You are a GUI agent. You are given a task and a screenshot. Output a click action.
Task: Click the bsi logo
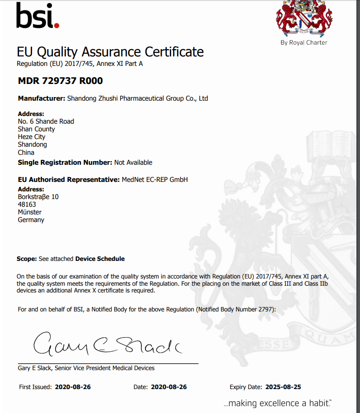tap(37, 16)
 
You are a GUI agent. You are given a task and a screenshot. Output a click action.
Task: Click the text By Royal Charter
tap(304, 42)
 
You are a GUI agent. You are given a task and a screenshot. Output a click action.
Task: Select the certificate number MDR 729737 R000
tap(60, 81)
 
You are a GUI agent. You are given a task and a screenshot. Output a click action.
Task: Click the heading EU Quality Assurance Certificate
tap(110, 52)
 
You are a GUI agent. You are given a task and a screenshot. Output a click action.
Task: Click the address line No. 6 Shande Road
tap(46, 121)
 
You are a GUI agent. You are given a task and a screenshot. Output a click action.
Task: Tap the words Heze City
tap(32, 137)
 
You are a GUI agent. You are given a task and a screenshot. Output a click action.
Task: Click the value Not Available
tap(133, 162)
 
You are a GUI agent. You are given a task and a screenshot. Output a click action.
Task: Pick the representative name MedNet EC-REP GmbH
tap(154, 180)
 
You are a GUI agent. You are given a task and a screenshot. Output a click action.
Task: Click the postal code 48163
tap(27, 204)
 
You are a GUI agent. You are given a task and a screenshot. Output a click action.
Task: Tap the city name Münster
tap(30, 212)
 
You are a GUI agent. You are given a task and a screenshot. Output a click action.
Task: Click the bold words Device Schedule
tap(100, 259)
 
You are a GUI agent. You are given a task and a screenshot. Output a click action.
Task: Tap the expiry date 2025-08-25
tap(283, 387)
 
